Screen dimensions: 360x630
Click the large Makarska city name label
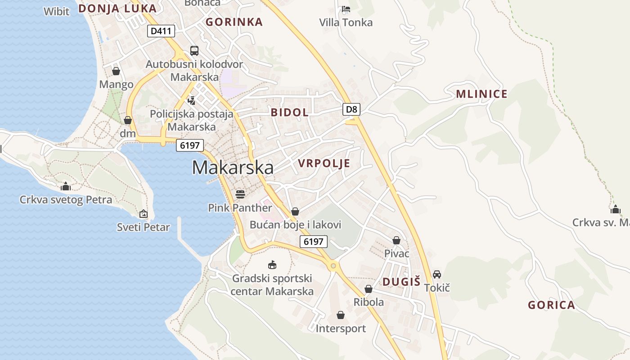tap(233, 167)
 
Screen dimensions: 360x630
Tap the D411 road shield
tap(161, 31)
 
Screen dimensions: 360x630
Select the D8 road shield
tap(351, 109)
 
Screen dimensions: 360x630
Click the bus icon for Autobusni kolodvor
tap(194, 51)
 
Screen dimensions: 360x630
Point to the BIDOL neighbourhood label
tap(290, 112)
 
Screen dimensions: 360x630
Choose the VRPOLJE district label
tap(324, 163)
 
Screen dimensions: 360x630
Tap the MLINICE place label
tap(481, 94)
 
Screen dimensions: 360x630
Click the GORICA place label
tap(551, 305)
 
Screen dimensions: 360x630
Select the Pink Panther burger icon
tap(240, 194)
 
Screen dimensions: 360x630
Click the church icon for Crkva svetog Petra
tap(66, 186)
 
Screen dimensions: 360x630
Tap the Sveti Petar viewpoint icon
tap(144, 214)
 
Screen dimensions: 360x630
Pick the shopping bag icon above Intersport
tap(341, 315)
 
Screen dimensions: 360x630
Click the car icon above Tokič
tap(436, 274)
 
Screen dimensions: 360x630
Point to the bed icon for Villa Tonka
tap(346, 9)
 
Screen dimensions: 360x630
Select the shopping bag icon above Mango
tap(116, 71)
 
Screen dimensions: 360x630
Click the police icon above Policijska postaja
tap(192, 100)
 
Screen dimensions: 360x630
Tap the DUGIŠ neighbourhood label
tap(401, 282)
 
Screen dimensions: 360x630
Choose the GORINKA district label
tap(234, 22)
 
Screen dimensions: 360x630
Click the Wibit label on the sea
tap(57, 11)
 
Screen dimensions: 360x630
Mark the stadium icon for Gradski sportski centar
tap(272, 265)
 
